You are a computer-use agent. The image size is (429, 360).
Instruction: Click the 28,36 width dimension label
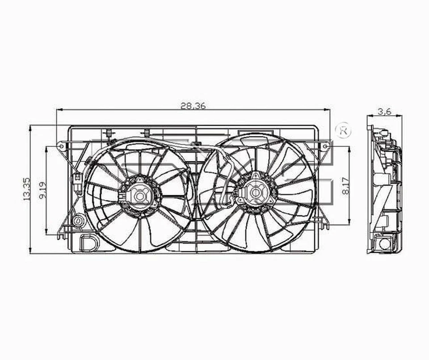point(193,106)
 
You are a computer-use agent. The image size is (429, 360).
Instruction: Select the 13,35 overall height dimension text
point(27,188)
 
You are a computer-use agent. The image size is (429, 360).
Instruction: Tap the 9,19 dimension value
point(42,190)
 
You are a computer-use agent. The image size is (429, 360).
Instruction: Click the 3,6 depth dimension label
point(384,112)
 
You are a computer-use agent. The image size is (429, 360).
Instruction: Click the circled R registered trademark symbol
point(343,130)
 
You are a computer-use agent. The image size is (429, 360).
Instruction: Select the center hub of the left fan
point(140,196)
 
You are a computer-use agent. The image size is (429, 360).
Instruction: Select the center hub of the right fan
point(255,193)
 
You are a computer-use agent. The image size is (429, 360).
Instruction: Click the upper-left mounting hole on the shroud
point(60,146)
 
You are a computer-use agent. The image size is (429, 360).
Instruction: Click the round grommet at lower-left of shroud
point(79,221)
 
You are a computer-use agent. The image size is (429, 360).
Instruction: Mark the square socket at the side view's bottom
point(384,244)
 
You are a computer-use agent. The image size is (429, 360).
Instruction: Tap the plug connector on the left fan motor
point(122,197)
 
